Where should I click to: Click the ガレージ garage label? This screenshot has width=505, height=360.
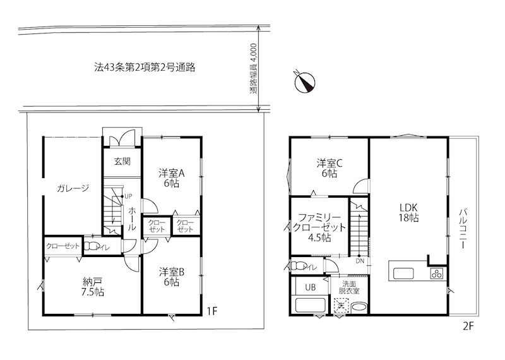click(73, 188)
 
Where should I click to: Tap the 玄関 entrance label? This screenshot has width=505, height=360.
click(122, 161)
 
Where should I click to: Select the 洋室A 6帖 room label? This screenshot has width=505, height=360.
click(171, 177)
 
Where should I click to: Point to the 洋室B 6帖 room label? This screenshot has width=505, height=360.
click(171, 277)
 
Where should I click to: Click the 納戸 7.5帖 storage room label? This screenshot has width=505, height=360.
click(93, 287)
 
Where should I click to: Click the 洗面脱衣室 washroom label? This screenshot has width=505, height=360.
click(348, 287)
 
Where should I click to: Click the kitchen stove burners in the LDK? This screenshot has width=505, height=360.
click(437, 273)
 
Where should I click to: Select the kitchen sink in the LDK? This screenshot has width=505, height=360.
click(403, 273)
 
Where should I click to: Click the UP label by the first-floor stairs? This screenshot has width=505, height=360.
click(128, 196)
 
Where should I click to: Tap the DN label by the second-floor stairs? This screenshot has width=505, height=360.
click(359, 261)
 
